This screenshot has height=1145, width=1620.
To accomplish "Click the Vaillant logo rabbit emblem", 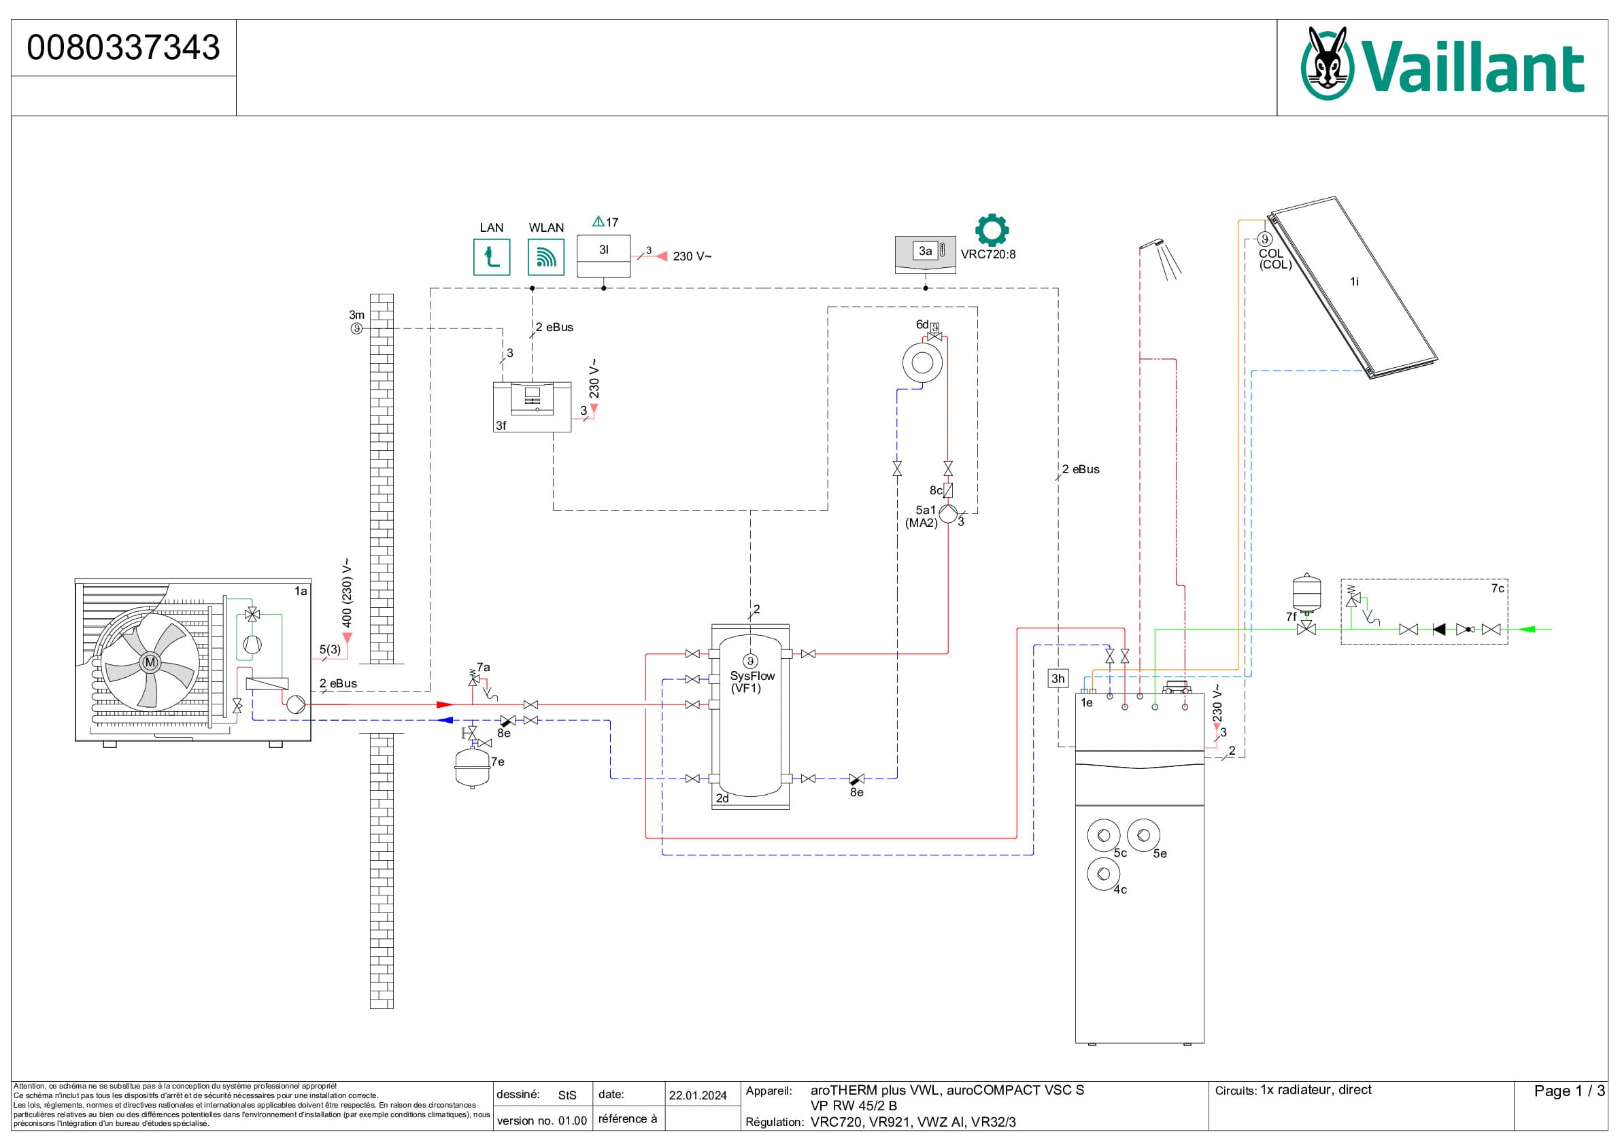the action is [1327, 63].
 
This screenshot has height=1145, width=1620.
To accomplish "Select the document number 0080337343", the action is [124, 48].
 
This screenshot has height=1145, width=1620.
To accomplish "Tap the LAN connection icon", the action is [491, 257].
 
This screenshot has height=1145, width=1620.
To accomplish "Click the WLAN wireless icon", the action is [546, 257].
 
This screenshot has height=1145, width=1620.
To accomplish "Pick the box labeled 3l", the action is [603, 256].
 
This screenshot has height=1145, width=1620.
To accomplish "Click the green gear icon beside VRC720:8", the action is [992, 230].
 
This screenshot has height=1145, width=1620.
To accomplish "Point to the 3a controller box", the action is [925, 255].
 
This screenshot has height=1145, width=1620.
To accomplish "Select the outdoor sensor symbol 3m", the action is [357, 329].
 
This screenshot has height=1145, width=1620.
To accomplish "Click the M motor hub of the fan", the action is [150, 662].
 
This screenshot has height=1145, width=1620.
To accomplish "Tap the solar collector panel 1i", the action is [1353, 287].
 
